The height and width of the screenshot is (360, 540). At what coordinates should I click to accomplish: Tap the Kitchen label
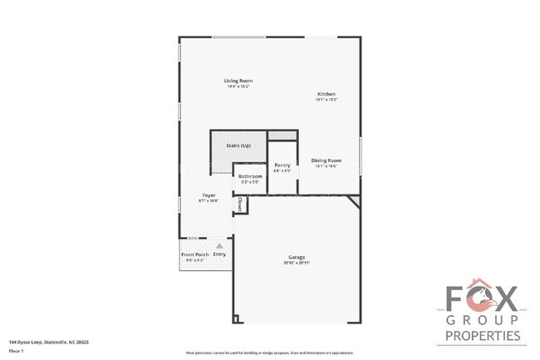(326, 94)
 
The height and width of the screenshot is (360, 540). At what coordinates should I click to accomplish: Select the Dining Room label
(326, 160)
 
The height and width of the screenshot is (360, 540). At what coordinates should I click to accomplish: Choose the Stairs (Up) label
(238, 145)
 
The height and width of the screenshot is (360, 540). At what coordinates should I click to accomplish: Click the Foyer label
(208, 195)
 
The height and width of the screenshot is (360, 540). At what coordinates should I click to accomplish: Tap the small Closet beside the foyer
(240, 203)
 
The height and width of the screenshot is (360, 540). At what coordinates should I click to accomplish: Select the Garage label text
(297, 257)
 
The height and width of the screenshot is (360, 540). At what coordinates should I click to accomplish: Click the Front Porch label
(194, 254)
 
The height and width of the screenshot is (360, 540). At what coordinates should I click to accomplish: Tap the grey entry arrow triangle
(219, 246)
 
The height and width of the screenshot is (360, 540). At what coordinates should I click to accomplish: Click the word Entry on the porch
(219, 254)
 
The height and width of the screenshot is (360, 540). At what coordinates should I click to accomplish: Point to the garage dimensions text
(297, 263)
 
